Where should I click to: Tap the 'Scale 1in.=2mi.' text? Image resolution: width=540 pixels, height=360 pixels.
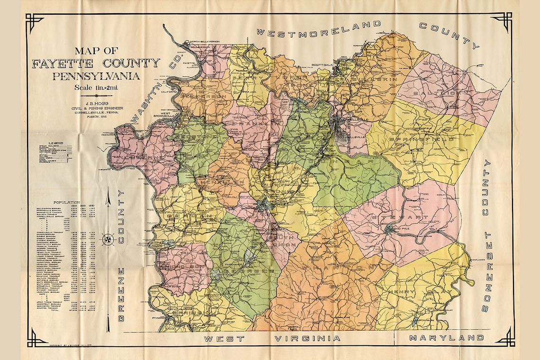coord(96,87)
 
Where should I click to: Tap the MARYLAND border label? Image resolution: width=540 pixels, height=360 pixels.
coord(446,338)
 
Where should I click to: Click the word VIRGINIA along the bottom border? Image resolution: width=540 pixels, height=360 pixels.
coord(307,338)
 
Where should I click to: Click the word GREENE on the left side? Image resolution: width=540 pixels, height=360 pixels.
coord(121,294)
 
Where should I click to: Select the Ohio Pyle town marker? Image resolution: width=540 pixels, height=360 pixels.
coord(389,230)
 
